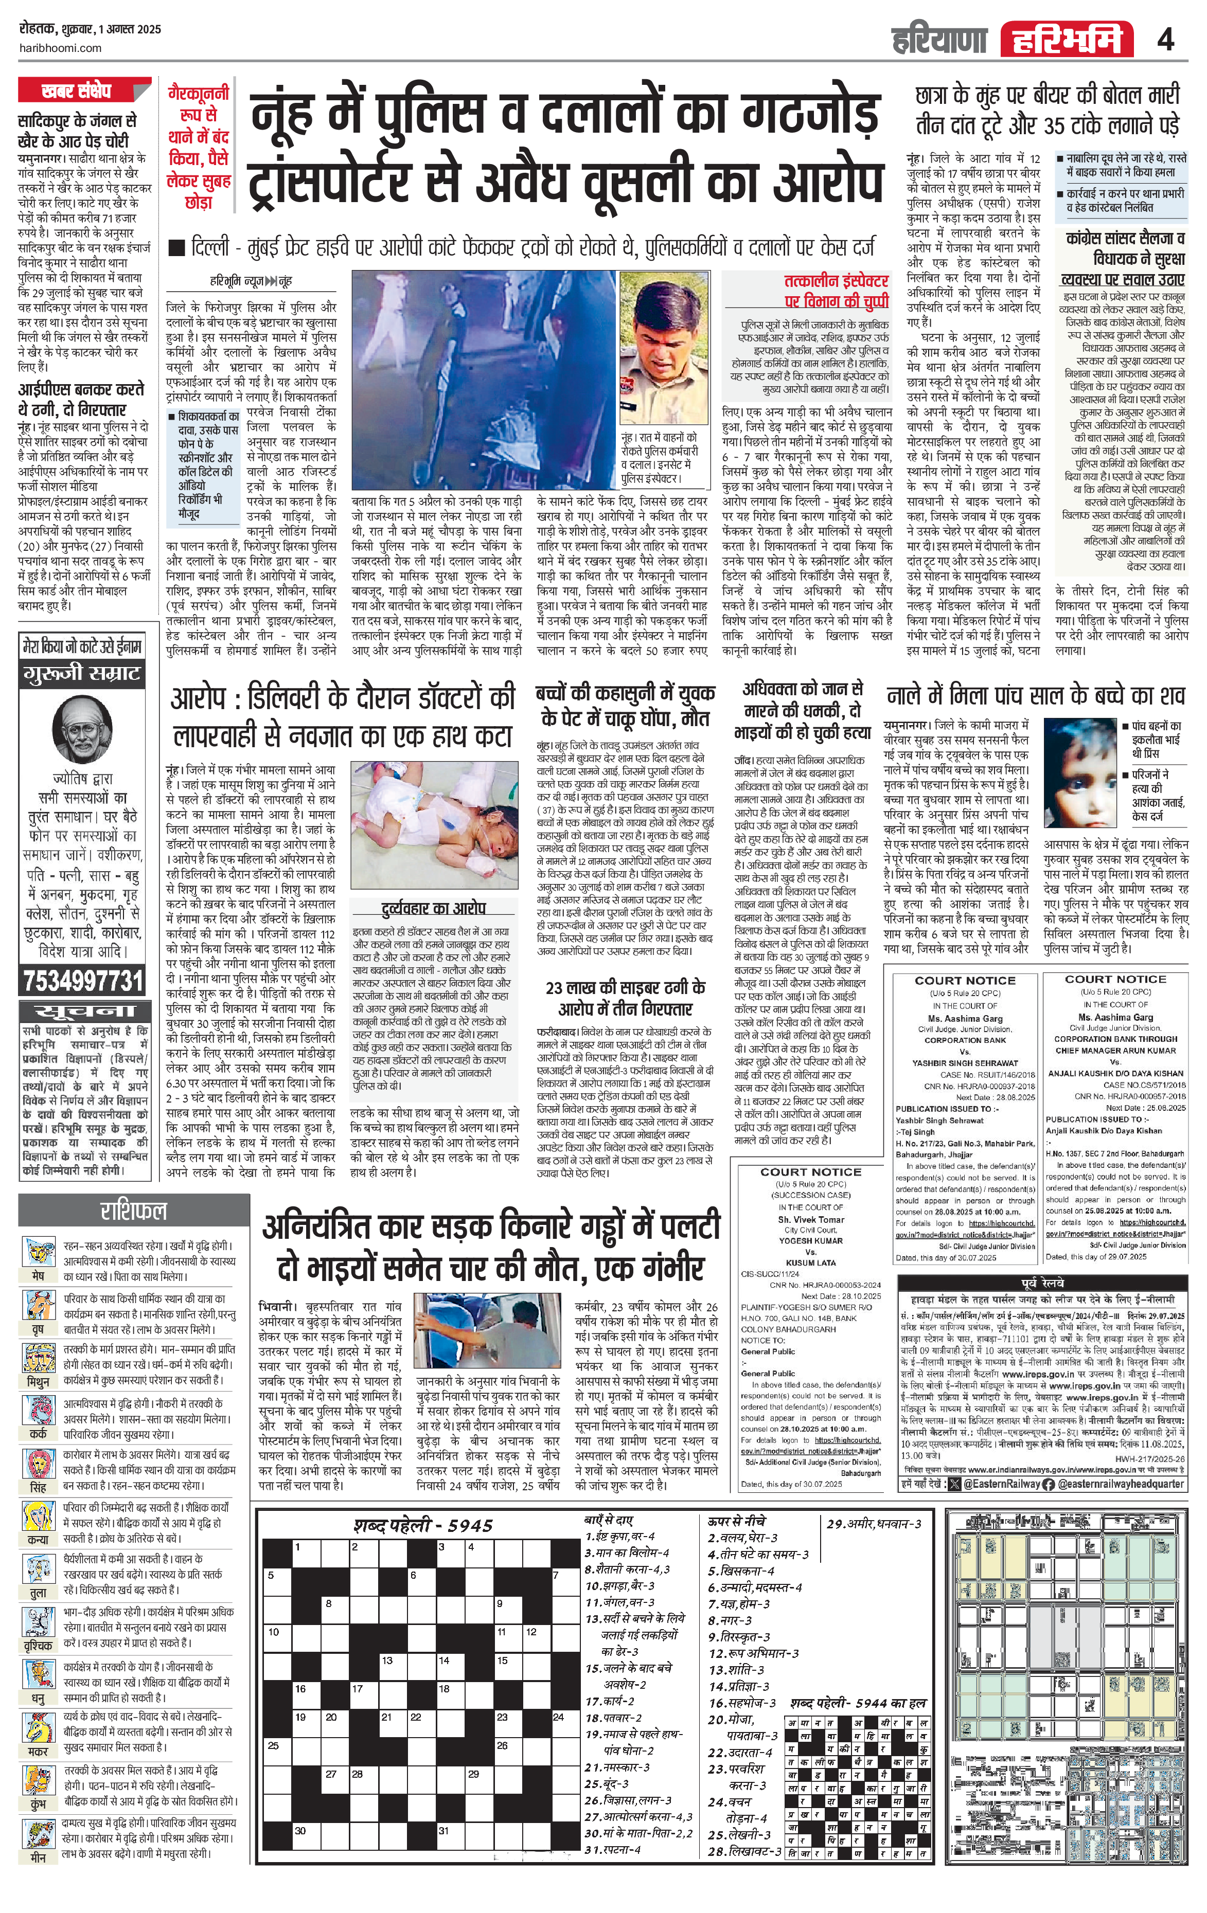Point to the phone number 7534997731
tap(83, 981)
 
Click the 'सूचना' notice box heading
tap(83, 1012)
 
